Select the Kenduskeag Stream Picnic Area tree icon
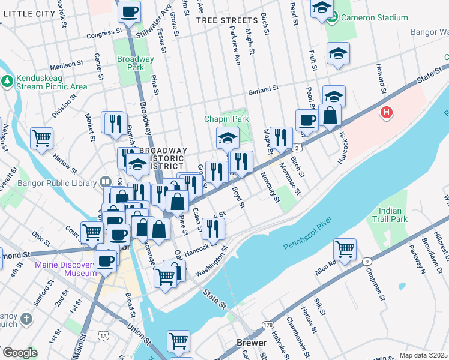[x=7, y=80]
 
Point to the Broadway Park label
[x=136, y=63]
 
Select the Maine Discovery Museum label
[x=65, y=269]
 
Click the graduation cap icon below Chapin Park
[x=228, y=138]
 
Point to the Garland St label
[x=264, y=90]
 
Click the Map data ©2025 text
[x=423, y=355]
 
